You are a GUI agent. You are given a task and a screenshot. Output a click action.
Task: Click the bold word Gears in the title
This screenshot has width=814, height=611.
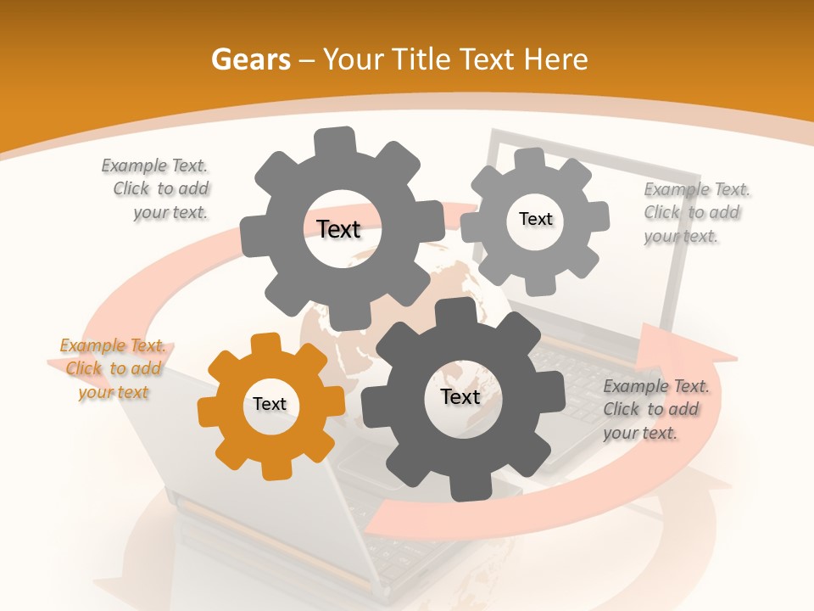click(x=251, y=59)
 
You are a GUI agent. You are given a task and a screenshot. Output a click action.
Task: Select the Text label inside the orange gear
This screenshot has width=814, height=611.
click(x=270, y=405)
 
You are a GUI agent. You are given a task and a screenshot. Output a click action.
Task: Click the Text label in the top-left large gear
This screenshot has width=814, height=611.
click(x=338, y=229)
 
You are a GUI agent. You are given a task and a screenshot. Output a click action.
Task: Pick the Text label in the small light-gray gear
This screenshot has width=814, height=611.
click(x=535, y=219)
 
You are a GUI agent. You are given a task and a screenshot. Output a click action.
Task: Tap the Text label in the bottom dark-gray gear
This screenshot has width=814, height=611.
click(x=460, y=396)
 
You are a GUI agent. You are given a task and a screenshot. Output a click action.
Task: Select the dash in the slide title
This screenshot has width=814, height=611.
click(x=309, y=59)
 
